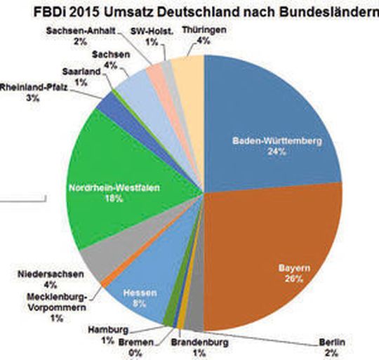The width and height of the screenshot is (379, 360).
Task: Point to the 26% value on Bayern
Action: (x=294, y=279)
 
